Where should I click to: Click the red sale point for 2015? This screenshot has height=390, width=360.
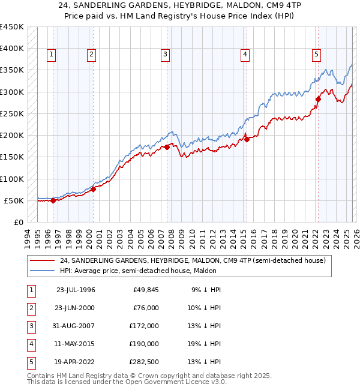tap(246, 139)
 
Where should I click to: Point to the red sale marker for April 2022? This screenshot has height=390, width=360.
tap(317, 100)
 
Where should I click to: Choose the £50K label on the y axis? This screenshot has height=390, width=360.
tap(14, 200)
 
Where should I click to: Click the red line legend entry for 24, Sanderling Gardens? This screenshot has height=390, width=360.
tap(192, 260)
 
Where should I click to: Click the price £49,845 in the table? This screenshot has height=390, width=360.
tap(145, 290)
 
